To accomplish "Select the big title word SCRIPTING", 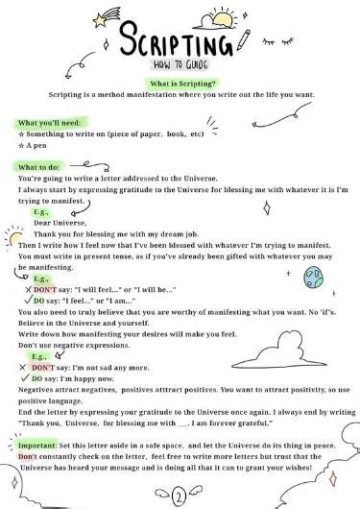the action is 177,45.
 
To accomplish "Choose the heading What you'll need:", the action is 52,123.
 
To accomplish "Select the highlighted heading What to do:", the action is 41,167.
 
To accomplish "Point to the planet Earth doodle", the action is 312,277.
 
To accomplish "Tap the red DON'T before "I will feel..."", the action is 45,288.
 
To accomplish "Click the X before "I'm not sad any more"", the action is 22,367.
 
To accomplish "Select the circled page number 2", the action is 179,497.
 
